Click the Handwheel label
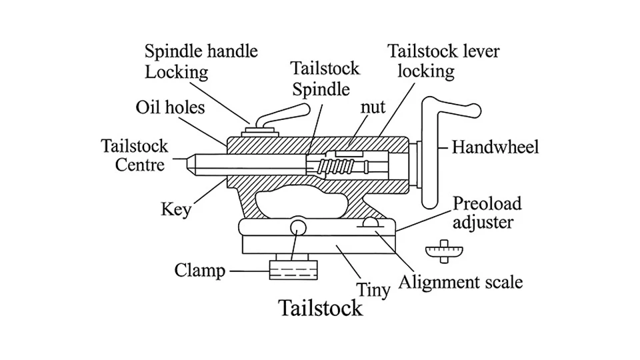pos(495,147)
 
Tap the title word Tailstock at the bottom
pos(321,308)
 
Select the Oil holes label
pos(170,107)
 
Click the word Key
pos(176,209)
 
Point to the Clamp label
pos(199,270)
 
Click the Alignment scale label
pos(460,281)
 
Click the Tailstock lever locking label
pos(443,61)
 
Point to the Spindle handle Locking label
pos(201,61)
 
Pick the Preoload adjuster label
pos(487,212)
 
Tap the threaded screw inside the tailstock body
pos(333,165)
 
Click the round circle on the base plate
pos(297,228)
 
